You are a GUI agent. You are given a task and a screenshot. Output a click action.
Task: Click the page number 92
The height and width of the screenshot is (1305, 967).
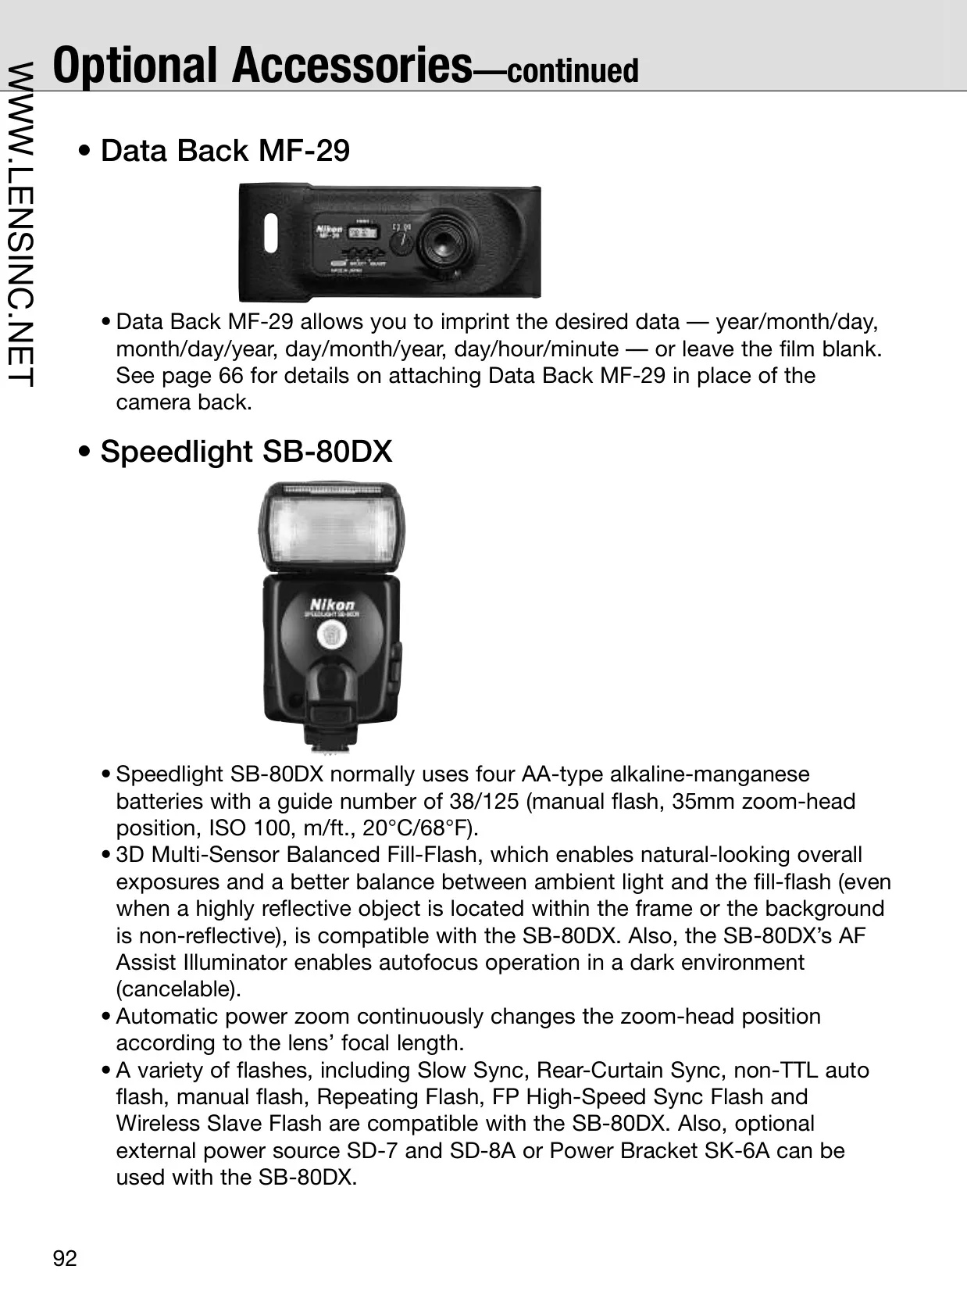point(65,1258)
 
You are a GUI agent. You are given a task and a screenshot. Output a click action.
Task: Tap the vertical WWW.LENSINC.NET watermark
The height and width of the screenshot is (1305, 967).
point(20,224)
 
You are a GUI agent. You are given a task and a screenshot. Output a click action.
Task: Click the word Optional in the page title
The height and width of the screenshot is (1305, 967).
point(134,65)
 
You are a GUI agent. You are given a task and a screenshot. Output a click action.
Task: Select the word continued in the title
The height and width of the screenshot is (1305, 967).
point(573,70)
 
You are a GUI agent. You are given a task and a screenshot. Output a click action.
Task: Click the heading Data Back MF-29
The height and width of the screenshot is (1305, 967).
point(225,150)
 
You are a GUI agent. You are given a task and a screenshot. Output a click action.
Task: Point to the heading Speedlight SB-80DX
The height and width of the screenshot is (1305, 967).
point(246,451)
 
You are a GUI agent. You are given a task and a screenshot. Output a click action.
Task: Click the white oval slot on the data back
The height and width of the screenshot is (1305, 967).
point(270,233)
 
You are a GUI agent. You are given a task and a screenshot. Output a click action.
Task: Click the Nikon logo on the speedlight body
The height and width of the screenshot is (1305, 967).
point(332,604)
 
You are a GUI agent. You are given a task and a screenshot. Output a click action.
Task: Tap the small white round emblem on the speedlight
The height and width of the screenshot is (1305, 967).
point(332,635)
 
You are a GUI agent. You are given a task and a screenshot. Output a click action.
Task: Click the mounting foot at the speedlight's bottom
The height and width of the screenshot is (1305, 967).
point(330,739)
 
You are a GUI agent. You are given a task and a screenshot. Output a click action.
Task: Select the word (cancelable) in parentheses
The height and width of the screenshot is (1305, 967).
point(179,989)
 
